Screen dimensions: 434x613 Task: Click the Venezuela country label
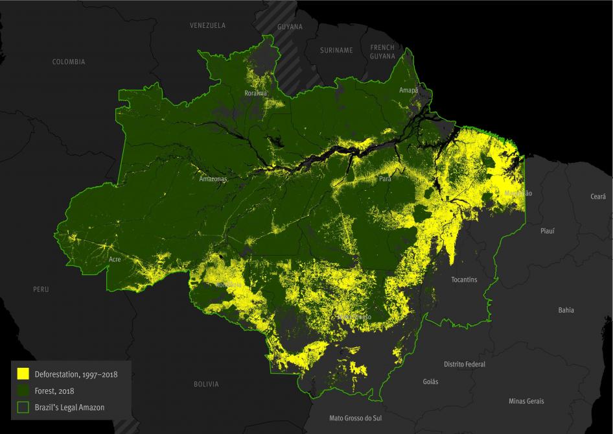pyautogui.click(x=207, y=25)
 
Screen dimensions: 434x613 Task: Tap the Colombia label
pyautogui.click(x=69, y=62)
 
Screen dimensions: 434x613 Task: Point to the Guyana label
pyautogui.click(x=290, y=27)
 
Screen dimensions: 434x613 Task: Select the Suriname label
pyautogui.click(x=336, y=51)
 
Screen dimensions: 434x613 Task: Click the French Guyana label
pyautogui.click(x=382, y=52)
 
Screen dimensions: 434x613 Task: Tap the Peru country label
pyautogui.click(x=41, y=289)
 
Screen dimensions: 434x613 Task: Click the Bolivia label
pyautogui.click(x=206, y=384)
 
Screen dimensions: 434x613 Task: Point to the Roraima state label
pyautogui.click(x=255, y=93)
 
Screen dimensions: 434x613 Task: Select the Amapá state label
pyautogui.click(x=409, y=90)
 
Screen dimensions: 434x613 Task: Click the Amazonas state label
pyautogui.click(x=213, y=178)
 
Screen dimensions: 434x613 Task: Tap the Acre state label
pyautogui.click(x=115, y=259)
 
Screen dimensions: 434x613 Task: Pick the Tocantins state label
pyautogui.click(x=464, y=280)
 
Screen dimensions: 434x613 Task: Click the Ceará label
pyautogui.click(x=597, y=196)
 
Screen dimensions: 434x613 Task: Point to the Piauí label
pyautogui.click(x=548, y=230)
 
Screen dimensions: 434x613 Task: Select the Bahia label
pyautogui.click(x=566, y=310)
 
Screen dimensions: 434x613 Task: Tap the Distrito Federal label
pyautogui.click(x=465, y=364)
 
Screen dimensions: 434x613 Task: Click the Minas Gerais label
pyautogui.click(x=526, y=401)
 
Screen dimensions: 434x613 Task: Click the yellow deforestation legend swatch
pyautogui.click(x=23, y=374)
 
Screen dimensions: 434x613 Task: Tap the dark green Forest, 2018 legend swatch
pyautogui.click(x=23, y=391)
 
